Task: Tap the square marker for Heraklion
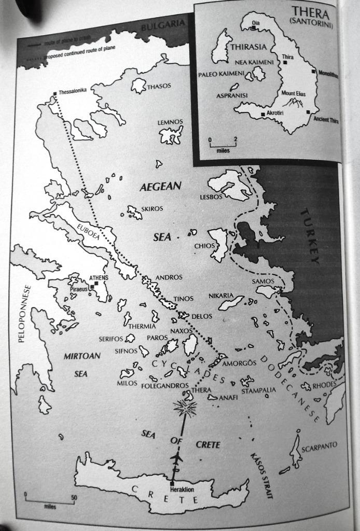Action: pyautogui.click(x=172, y=484)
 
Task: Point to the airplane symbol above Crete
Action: pyautogui.click(x=177, y=458)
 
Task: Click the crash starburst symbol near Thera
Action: pyautogui.click(x=185, y=409)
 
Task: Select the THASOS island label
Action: pyautogui.click(x=159, y=87)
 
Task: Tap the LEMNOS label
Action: pyautogui.click(x=170, y=122)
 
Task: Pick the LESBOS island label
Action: pyautogui.click(x=211, y=198)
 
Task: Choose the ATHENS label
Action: pyautogui.click(x=99, y=278)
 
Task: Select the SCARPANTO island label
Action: pyautogui.click(x=319, y=445)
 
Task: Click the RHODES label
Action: pyautogui.click(x=325, y=384)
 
